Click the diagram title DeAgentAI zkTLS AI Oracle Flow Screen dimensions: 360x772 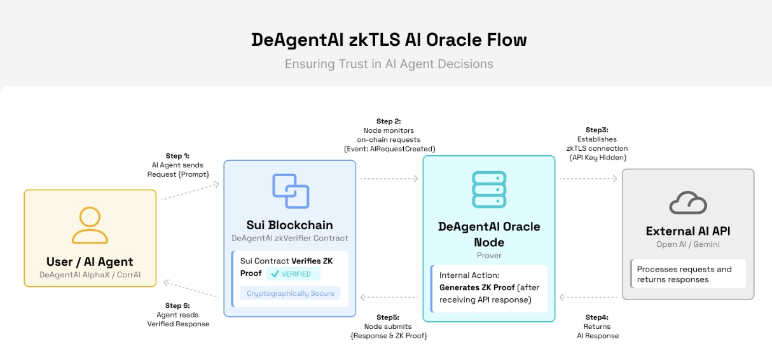[389, 39]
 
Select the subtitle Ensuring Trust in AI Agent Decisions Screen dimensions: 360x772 [389, 64]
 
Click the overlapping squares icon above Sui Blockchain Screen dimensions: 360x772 [290, 191]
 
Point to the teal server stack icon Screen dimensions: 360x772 [489, 190]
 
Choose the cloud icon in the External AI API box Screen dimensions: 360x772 [688, 203]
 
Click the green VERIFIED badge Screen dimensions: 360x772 [293, 274]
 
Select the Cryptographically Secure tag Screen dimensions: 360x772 [290, 293]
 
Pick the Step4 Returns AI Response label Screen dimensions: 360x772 [597, 326]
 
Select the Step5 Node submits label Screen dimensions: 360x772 [389, 326]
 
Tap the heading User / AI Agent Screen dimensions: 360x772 [90, 261]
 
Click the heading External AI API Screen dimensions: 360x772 [688, 231]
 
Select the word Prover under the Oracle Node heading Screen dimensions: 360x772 [489, 255]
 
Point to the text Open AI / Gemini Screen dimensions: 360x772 [688, 244]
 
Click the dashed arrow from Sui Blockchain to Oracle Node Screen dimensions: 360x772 [389, 179]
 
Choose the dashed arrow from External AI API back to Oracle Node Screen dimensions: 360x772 [588, 296]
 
